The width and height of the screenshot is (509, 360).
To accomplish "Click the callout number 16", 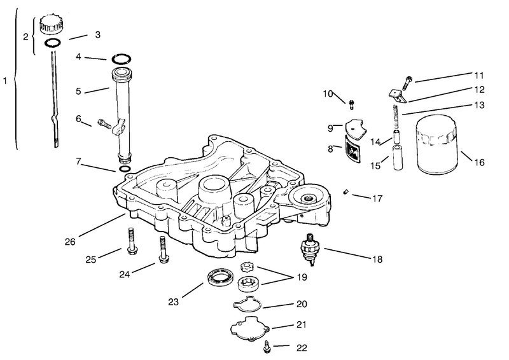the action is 479,162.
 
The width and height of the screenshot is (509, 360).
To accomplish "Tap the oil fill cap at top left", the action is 52,24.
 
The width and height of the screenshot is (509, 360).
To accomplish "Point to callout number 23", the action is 173,302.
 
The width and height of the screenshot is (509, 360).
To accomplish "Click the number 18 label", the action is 377,259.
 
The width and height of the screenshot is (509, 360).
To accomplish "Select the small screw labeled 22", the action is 267,347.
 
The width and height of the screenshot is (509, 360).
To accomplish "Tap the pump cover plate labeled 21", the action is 250,328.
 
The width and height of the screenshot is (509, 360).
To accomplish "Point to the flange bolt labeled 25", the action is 132,241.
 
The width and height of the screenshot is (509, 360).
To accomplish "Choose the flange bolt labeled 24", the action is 163,249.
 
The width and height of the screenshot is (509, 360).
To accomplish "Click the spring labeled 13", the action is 396,117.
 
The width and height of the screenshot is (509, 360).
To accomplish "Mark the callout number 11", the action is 479,75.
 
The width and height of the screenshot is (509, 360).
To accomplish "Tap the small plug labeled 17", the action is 345,192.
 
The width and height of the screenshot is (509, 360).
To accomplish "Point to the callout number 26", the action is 70,242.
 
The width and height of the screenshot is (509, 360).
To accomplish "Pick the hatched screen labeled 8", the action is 352,149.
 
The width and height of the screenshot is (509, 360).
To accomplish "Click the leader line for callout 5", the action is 97,90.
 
